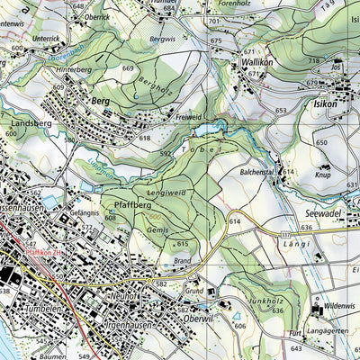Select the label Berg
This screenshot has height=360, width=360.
(100, 102)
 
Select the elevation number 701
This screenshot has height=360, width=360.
(212, 20)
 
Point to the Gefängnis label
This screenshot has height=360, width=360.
(84, 213)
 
